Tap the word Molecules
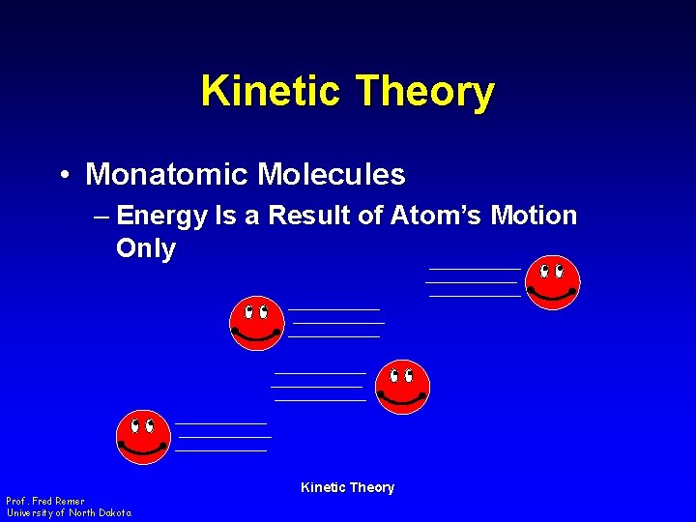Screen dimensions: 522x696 pos(332,175)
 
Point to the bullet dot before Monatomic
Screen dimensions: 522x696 pos(62,176)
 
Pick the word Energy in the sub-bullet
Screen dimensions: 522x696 pos(161,216)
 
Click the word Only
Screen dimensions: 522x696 pos(146,249)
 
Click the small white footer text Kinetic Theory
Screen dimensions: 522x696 pos(347,487)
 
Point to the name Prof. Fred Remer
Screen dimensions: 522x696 pos(45,501)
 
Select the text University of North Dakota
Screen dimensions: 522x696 pos(69,512)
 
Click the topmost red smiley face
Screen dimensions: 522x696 pos(553,282)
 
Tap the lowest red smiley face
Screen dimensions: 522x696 pos(143,437)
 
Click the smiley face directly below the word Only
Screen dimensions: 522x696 pos(257,323)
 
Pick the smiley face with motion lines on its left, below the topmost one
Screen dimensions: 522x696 pos(402,387)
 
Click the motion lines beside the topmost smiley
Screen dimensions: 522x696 pos(474,282)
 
